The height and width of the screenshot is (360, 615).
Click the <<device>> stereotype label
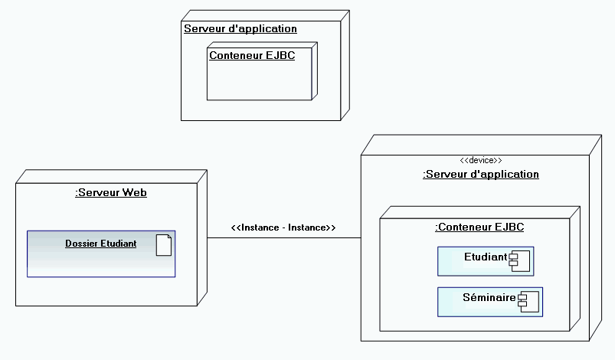tap(480, 160)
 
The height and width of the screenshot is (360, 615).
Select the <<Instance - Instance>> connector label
tap(283, 227)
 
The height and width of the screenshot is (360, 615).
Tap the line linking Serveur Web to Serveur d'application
tap(283, 238)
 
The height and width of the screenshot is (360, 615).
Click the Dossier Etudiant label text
tap(100, 244)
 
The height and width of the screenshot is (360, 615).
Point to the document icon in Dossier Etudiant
tap(163, 245)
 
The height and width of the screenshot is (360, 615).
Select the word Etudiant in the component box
tap(486, 257)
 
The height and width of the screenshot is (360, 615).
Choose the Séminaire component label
tap(489, 297)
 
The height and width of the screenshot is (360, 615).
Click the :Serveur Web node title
tap(111, 192)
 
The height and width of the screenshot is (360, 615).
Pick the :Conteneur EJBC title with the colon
tap(479, 227)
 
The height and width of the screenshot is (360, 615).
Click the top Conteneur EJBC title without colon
tap(252, 55)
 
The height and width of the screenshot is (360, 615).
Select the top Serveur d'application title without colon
tap(240, 28)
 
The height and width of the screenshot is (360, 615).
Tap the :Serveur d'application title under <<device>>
tap(481, 174)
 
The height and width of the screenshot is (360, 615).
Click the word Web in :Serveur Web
tap(135, 192)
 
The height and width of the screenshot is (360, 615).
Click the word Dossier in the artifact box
tap(81, 244)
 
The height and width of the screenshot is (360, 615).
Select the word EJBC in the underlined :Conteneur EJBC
tap(509, 227)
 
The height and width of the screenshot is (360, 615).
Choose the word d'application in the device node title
tap(505, 174)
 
